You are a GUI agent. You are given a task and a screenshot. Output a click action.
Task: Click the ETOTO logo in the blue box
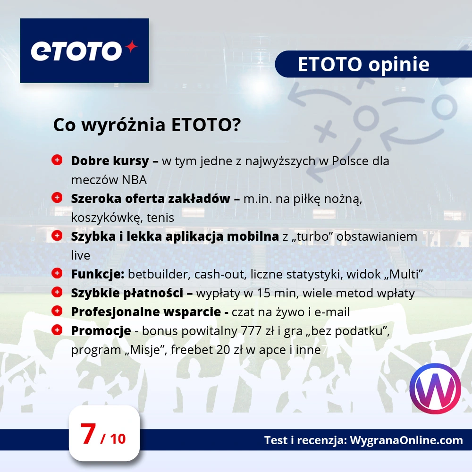[84, 51]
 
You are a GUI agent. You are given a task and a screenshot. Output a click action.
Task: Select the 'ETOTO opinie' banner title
[363, 65]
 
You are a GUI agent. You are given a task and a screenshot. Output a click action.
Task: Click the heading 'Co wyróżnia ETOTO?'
[147, 126]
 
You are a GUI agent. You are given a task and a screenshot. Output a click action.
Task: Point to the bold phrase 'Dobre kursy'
[110, 160]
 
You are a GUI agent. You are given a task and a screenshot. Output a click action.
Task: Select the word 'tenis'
[160, 218]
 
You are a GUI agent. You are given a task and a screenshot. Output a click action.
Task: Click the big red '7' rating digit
[88, 434]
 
